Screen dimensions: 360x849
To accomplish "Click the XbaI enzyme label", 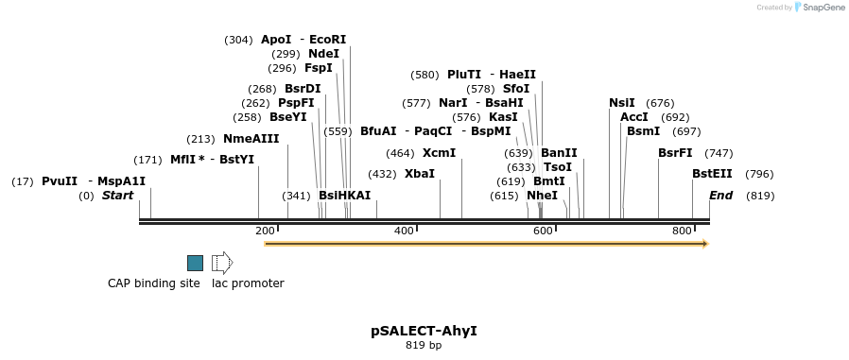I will (420, 174).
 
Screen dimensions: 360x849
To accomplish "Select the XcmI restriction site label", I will (439, 153).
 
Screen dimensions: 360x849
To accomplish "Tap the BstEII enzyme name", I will (712, 174).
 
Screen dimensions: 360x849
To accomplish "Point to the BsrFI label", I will (675, 153).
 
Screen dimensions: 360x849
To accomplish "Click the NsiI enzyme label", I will (622, 103).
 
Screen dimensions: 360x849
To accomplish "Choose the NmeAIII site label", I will (251, 139).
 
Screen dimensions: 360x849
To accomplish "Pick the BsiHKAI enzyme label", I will (344, 196).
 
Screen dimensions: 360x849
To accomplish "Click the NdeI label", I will (323, 54).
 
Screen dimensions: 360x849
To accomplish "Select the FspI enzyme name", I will (319, 68).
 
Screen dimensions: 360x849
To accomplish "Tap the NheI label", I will (542, 196).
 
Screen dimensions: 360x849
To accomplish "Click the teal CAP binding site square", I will (195, 263).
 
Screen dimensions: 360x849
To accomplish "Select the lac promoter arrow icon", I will (222, 263).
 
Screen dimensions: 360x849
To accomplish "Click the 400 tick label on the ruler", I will (404, 231).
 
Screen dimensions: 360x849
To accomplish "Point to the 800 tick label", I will (682, 231).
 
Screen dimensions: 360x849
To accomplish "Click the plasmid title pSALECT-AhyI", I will (424, 331).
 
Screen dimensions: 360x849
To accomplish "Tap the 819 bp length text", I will (424, 345).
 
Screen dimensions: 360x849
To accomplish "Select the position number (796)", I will (759, 174).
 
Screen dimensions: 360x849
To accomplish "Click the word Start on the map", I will (118, 196).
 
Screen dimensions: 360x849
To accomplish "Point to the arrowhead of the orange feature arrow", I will (704, 244).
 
